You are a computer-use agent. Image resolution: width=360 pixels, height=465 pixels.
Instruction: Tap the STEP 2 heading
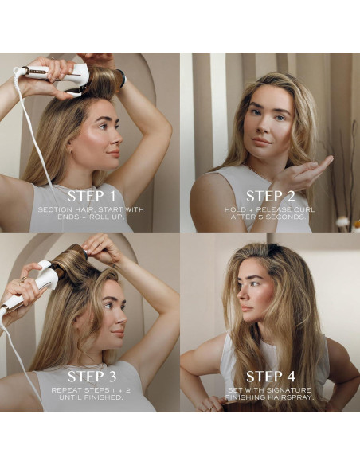coord(269,196)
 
